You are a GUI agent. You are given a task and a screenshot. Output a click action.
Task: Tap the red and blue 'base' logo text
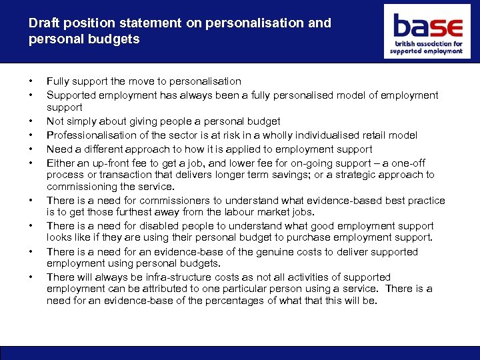(x=427, y=27)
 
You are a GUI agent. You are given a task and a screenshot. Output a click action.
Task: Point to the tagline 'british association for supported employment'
(x=427, y=47)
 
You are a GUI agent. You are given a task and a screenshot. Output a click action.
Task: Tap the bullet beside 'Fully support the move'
(x=30, y=82)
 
